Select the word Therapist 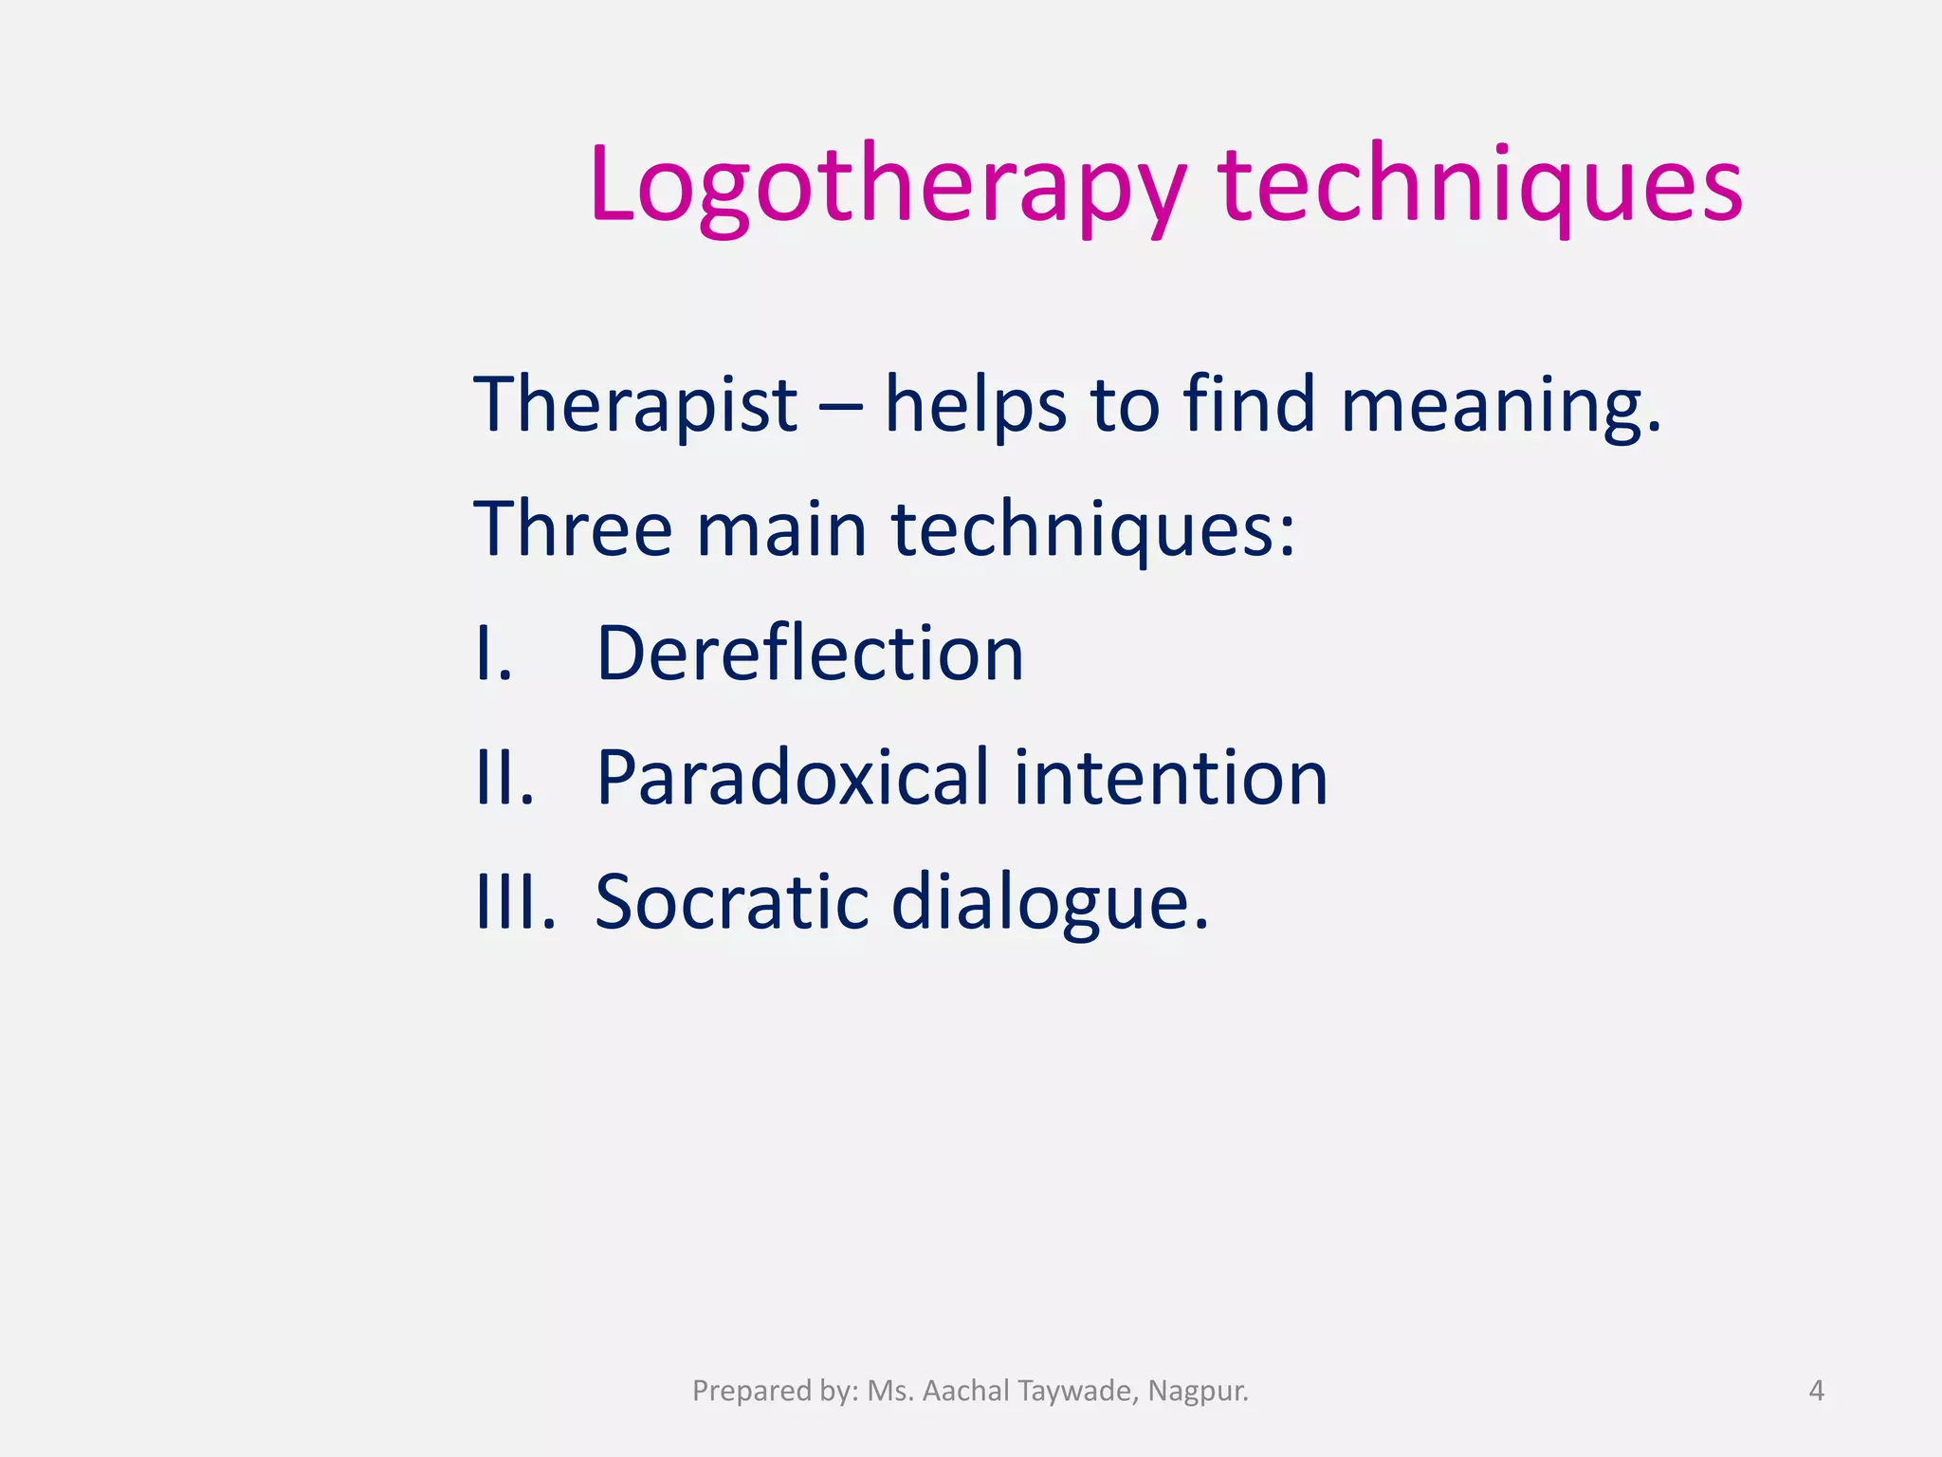coord(635,405)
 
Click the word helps coord(976,405)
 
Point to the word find coord(1249,405)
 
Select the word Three coord(573,528)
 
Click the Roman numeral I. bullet coord(494,654)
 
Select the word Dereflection coord(810,654)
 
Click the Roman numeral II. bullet coord(504,778)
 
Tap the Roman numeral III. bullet coord(515,902)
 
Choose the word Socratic coord(732,902)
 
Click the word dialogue coord(1049,904)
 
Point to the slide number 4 coord(1816,1391)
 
